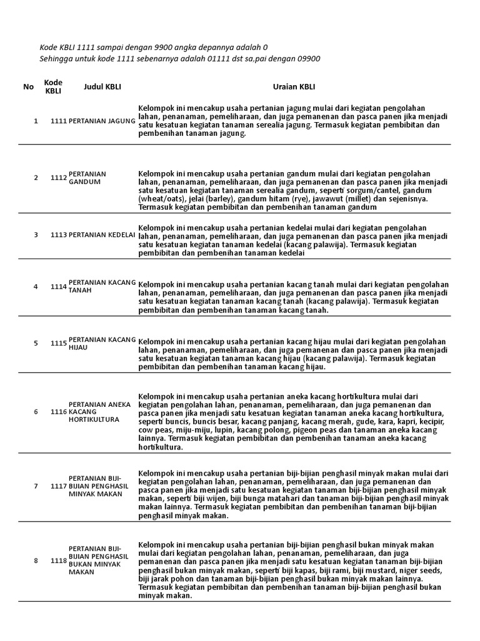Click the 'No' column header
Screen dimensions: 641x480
pos(28,87)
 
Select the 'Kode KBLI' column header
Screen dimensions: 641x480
pos(54,87)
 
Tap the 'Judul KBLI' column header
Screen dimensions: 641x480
pos(102,87)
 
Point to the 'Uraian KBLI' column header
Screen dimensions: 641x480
pos(293,87)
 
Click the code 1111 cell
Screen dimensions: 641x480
pos(59,120)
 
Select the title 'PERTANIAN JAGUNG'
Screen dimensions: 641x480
pos(102,120)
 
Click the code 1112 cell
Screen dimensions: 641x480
pos(59,178)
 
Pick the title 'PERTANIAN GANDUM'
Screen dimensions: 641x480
pos(87,178)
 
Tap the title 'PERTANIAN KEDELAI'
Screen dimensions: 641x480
pos(102,235)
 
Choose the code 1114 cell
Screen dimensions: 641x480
pos(59,287)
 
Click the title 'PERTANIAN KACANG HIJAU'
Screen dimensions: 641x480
pos(102,343)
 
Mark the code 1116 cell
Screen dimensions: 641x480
pos(59,412)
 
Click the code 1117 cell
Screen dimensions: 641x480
pos(59,486)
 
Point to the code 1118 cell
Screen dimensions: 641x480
pos(59,561)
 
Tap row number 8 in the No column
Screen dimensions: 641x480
pos(36,561)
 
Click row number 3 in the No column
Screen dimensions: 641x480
pos(36,235)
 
